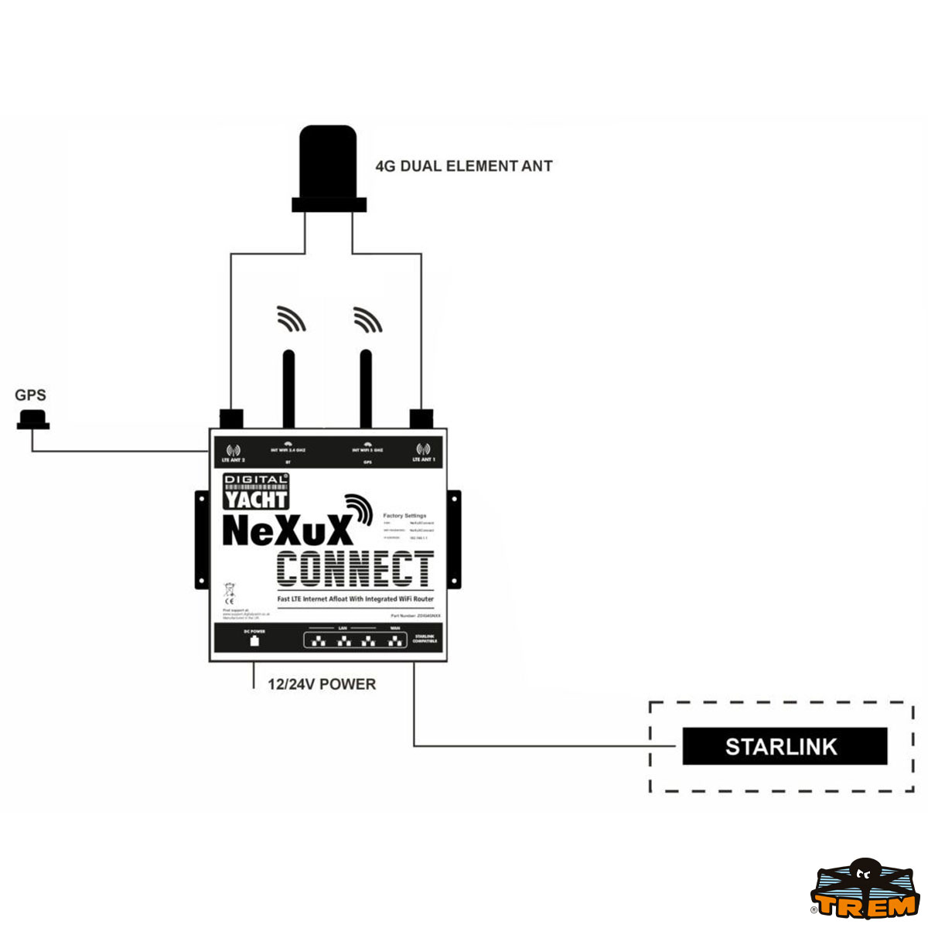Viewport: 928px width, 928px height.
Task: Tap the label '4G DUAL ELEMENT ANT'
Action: click(464, 166)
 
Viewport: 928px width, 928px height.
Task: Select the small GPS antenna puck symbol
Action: click(33, 421)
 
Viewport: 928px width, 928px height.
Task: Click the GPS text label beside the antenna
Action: click(30, 395)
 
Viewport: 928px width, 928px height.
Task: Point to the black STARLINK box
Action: click(784, 746)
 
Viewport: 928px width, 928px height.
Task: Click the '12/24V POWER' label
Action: click(322, 684)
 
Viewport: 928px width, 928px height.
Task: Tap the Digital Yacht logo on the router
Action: click(256, 491)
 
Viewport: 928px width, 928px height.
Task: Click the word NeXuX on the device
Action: click(287, 531)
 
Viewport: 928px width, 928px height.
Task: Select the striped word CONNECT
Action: click(355, 570)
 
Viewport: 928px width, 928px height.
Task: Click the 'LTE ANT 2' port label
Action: click(233, 460)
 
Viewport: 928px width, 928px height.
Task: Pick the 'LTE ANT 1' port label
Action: click(423, 460)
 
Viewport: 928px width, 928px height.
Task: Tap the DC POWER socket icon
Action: click(254, 641)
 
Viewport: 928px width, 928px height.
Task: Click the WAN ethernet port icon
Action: click(396, 640)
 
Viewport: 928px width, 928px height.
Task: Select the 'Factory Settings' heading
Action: click(404, 516)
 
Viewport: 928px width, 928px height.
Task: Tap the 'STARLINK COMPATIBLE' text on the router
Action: click(425, 639)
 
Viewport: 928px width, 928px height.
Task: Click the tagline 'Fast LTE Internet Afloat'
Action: click(356, 599)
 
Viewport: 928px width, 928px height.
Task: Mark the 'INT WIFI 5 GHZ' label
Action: click(367, 450)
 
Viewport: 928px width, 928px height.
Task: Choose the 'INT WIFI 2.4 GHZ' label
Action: click(288, 450)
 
